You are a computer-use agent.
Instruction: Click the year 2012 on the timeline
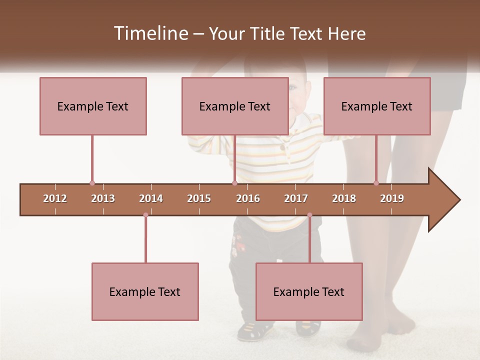[55, 198]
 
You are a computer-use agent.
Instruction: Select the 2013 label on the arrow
[103, 198]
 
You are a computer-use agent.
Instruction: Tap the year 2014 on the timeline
[151, 198]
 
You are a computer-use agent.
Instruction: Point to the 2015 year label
[199, 198]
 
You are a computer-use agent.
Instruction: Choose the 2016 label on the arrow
[248, 198]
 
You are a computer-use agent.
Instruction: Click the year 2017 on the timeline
[296, 198]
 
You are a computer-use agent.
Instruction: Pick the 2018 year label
[344, 198]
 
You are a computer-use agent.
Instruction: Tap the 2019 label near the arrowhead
[392, 198]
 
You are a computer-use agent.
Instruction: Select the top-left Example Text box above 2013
[93, 106]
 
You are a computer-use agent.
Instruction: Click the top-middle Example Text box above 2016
[235, 106]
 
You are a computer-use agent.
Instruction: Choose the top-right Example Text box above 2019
[377, 106]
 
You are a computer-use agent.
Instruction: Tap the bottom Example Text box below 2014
[145, 291]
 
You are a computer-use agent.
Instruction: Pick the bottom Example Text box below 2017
[309, 291]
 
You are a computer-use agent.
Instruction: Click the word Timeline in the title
[150, 33]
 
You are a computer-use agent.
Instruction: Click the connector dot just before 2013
[92, 183]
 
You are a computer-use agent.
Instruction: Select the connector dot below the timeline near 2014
[145, 215]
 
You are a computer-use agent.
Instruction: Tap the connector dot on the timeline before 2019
[376, 183]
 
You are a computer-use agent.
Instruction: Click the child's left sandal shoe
[255, 330]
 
